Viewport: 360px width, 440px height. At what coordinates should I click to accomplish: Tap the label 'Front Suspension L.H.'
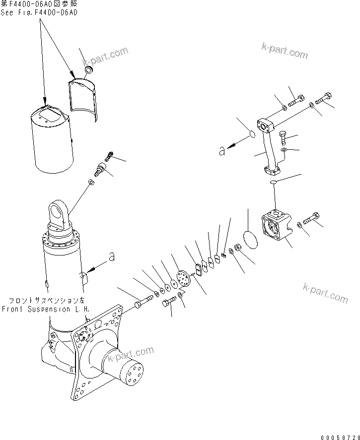pos(45,308)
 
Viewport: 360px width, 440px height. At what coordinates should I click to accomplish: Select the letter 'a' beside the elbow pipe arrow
pos(222,152)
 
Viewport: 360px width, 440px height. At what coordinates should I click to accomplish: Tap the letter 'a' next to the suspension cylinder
pos(112,256)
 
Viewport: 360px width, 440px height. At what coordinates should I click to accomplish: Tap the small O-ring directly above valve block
pos(273,183)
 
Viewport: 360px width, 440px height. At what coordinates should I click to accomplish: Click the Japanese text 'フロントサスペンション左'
pos(46,301)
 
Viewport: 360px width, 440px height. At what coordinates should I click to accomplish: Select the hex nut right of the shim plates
pos(237,246)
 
